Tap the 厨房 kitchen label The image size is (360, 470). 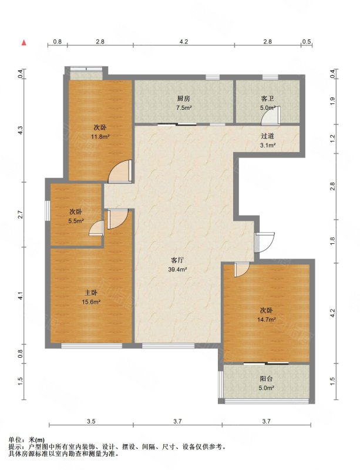(184, 99)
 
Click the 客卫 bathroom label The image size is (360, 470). (267, 99)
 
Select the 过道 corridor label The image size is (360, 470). (267, 136)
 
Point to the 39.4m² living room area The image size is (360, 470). (177, 269)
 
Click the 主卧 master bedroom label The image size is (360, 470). (91, 293)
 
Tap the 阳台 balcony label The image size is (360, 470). (267, 378)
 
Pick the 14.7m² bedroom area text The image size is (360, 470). (267, 320)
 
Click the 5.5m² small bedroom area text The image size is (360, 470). (75, 221)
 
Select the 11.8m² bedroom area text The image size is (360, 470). (100, 137)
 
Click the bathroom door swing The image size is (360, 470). (271, 115)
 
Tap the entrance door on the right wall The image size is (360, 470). (264, 242)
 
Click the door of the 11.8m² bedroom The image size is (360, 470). (120, 172)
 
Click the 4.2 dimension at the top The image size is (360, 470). (183, 42)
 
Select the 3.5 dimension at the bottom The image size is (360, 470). (91, 421)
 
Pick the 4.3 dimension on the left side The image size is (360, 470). (20, 130)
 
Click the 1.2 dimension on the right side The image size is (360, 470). (332, 139)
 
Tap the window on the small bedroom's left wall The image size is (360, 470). (48, 211)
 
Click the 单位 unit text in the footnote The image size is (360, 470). (14, 439)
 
